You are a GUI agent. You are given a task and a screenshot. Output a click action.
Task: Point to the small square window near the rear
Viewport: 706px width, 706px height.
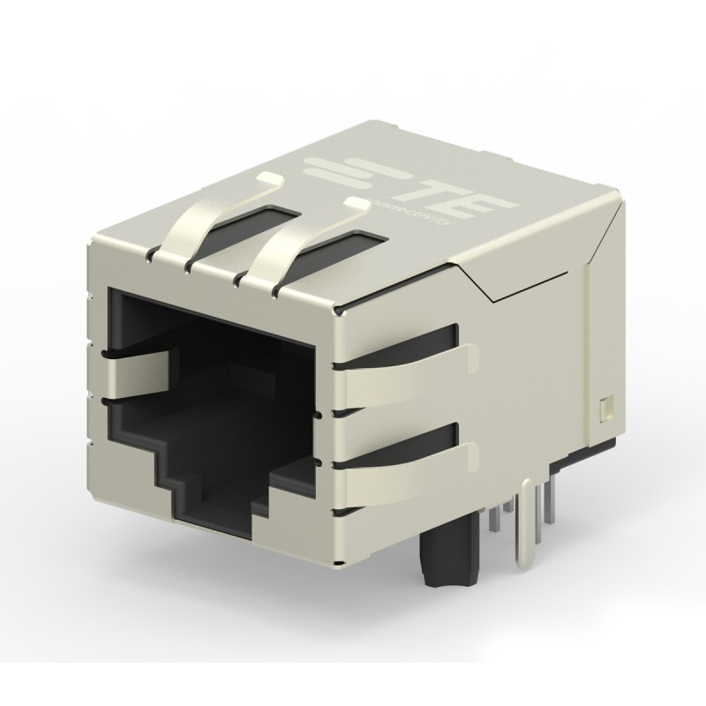click(x=605, y=407)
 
